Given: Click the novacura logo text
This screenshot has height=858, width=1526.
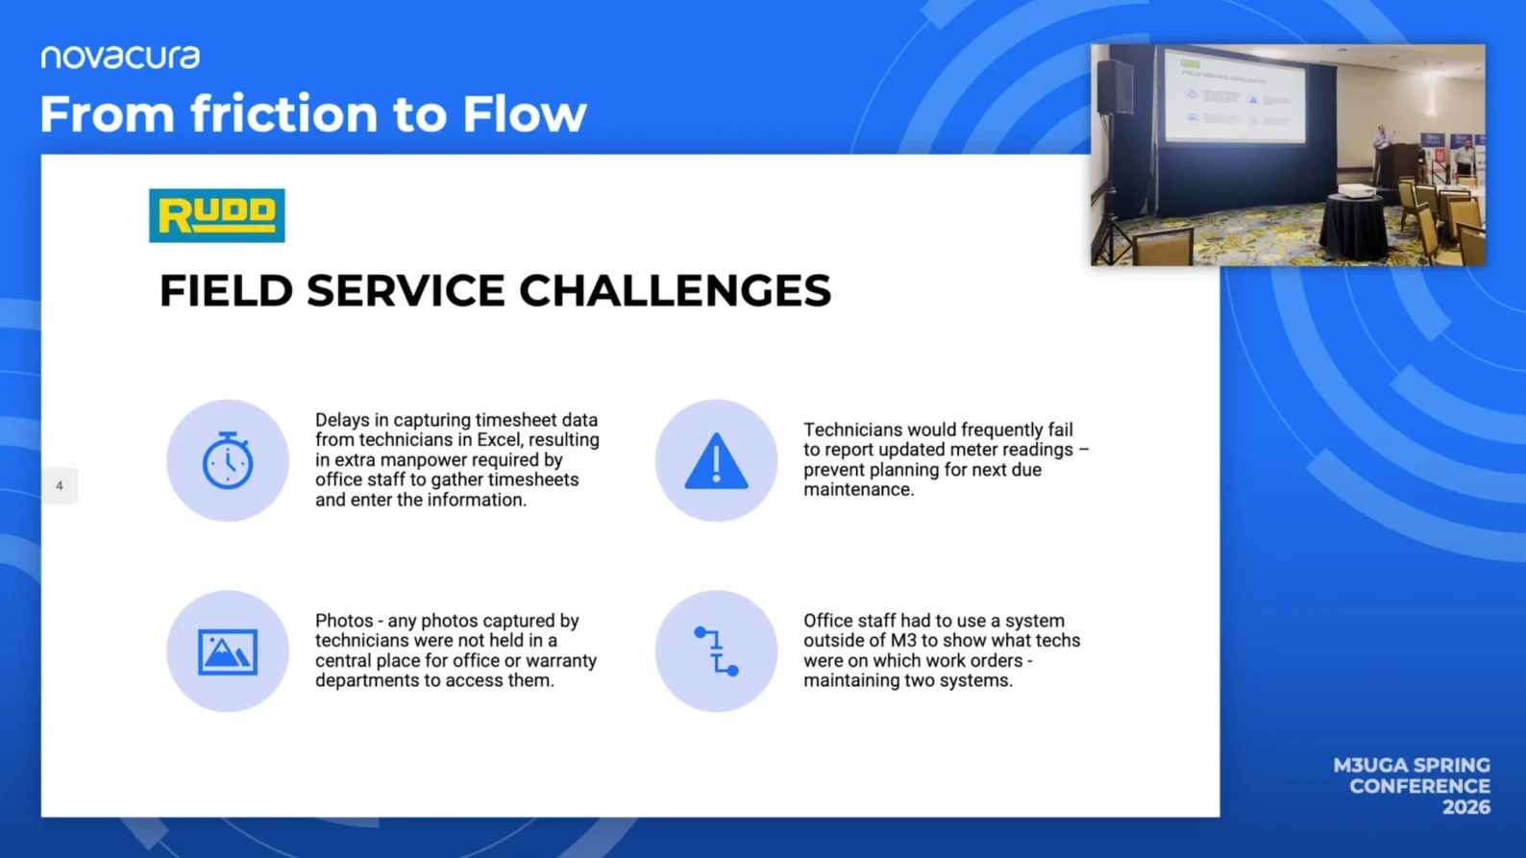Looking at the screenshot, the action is (120, 58).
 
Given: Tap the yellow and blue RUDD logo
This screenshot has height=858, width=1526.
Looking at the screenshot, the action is (217, 215).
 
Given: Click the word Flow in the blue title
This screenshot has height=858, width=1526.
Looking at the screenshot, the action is (524, 113).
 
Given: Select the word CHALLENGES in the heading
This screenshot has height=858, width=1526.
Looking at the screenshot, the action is (676, 291).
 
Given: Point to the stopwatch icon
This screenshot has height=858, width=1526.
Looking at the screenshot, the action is (228, 460).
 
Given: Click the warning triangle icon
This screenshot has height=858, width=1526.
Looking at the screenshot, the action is (716, 461).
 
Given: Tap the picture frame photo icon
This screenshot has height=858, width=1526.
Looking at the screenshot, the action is (228, 651).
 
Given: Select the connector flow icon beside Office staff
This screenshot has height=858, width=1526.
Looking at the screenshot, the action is (716, 651).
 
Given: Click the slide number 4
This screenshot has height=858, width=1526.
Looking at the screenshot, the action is (60, 485).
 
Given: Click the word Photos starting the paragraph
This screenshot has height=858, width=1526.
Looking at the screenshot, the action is (343, 621).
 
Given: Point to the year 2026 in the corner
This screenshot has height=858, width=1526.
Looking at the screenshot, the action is (1466, 808).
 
